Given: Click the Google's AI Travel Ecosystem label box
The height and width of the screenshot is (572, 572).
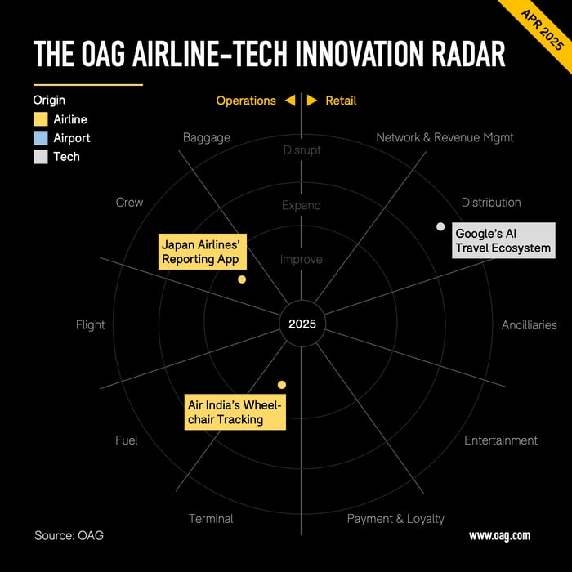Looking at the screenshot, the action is click(x=503, y=240).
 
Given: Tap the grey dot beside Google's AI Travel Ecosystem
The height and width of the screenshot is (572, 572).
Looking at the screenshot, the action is click(x=440, y=226).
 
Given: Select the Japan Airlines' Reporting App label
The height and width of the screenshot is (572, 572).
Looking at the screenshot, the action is click(x=203, y=252).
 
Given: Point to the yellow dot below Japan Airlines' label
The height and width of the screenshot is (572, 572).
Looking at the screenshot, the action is click(x=242, y=279).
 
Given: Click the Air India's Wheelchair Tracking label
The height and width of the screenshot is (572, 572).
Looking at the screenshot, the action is click(x=235, y=412).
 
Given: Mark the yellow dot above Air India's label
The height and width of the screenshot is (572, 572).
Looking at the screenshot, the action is click(x=282, y=385).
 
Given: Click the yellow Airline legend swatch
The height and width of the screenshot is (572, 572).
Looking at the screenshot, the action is click(x=41, y=119).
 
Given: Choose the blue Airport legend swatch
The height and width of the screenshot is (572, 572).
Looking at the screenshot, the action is click(x=41, y=138).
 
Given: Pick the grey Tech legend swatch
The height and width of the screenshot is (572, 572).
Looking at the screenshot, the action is click(x=41, y=157).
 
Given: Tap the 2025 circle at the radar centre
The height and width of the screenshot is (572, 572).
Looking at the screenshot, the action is click(x=302, y=324).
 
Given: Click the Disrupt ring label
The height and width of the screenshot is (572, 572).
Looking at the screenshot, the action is click(x=302, y=150).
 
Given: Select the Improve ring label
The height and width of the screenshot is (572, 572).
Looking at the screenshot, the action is click(x=302, y=259).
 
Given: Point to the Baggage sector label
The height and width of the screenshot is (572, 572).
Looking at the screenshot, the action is click(x=207, y=138).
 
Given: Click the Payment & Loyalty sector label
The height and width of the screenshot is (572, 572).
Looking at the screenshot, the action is click(x=395, y=519).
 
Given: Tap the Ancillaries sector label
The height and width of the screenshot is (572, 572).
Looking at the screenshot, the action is click(x=529, y=325).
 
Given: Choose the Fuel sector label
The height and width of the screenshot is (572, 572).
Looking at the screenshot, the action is click(x=126, y=440).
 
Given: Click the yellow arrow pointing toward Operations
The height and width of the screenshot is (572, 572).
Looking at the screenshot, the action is click(x=290, y=101).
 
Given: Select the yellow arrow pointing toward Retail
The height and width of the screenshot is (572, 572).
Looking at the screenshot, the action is click(x=312, y=101).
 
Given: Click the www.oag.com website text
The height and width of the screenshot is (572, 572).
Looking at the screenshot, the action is click(x=499, y=535).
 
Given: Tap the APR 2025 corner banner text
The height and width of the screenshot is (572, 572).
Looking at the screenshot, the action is click(x=542, y=30).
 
